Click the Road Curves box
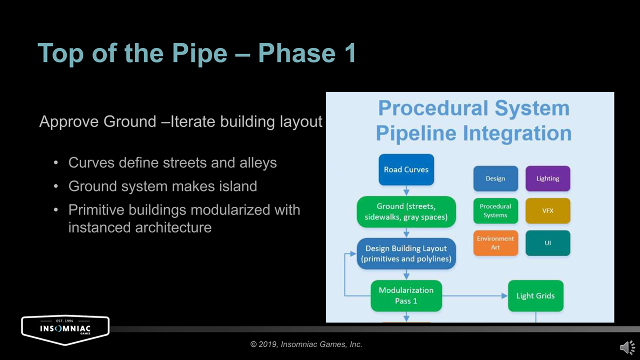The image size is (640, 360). (x=406, y=169)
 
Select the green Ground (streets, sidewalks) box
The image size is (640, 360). (x=406, y=211)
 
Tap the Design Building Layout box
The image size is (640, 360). (x=406, y=253)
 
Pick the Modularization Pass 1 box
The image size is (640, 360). (x=406, y=295)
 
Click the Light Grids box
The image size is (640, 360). (x=535, y=295)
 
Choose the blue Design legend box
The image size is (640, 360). (x=495, y=178)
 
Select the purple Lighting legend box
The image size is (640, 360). (x=547, y=178)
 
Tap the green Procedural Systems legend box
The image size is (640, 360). (x=495, y=210)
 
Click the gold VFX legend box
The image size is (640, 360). (x=547, y=210)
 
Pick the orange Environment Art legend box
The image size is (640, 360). (x=495, y=243)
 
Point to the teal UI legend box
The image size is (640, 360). (x=547, y=243)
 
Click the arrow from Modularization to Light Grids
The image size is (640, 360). (x=475, y=296)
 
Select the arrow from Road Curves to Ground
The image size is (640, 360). (x=406, y=190)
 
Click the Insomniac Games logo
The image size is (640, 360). (x=65, y=329)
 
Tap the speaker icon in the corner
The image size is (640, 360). (x=627, y=347)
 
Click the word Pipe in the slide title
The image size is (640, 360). (x=199, y=53)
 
